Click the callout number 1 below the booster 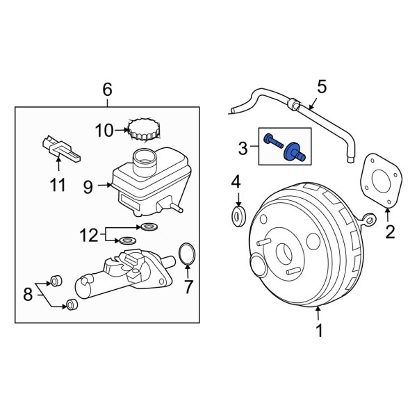click(x=319, y=332)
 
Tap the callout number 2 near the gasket click(x=390, y=232)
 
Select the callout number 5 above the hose click(x=321, y=87)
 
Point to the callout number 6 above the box click(x=107, y=89)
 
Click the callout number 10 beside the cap click(x=103, y=130)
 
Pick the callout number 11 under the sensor click(x=57, y=185)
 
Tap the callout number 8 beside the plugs click(x=28, y=294)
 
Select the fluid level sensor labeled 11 click(x=59, y=148)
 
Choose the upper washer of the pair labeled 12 click(x=148, y=227)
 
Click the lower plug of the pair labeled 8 click(x=70, y=304)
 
